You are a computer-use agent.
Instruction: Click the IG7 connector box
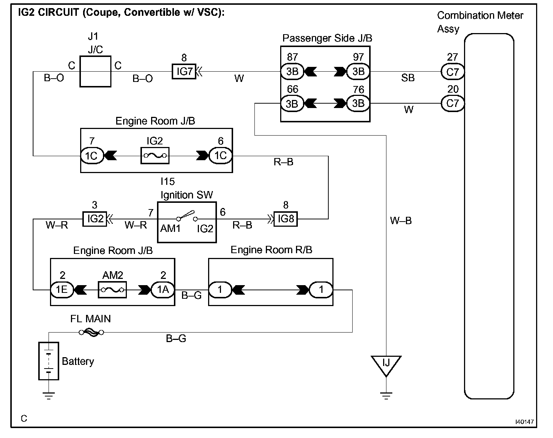point(184,71)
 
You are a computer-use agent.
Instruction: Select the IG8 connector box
point(285,219)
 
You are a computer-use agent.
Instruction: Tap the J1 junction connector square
point(95,71)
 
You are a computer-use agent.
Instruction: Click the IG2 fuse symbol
point(155,155)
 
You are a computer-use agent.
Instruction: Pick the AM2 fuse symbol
point(112,290)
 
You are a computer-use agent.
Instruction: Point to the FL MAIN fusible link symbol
point(92,333)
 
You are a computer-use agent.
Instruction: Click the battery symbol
point(49,361)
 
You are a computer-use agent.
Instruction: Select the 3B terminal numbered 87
point(292,71)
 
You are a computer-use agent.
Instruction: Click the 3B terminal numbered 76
point(358,103)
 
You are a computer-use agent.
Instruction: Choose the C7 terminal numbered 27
point(453,72)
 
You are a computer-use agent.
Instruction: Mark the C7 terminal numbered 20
point(453,103)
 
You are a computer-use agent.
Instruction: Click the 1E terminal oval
point(62,290)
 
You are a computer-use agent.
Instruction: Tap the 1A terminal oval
point(163,290)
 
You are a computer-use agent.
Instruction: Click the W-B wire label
point(401,221)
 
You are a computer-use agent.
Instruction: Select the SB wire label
point(408,78)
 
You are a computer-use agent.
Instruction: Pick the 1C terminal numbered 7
point(92,156)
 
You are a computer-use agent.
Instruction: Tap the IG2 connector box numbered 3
point(95,219)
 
